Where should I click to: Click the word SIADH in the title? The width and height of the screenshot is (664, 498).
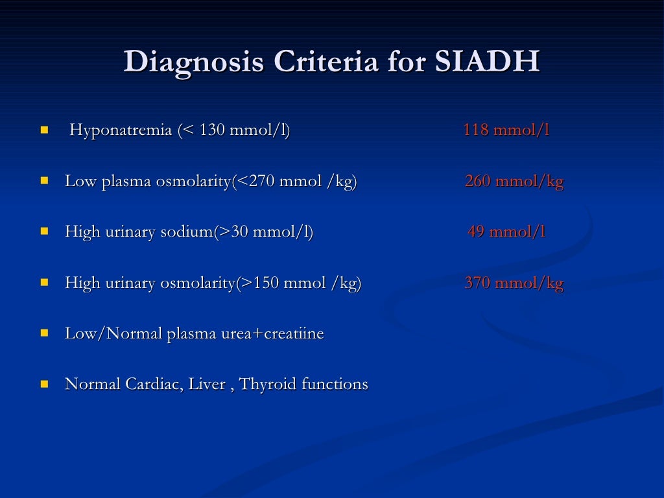click(x=487, y=62)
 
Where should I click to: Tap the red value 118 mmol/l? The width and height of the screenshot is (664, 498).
click(x=506, y=130)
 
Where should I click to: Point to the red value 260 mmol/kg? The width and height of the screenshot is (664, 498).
click(x=514, y=182)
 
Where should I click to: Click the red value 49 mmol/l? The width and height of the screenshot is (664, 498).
click(x=506, y=232)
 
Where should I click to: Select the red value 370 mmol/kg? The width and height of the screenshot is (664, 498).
click(x=514, y=283)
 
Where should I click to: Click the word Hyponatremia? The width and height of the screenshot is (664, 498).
click(x=121, y=130)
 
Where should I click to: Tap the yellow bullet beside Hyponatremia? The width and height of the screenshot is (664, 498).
click(x=44, y=130)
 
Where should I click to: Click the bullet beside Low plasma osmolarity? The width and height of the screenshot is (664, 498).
click(x=44, y=181)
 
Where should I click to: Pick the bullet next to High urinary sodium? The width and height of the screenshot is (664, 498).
click(x=44, y=231)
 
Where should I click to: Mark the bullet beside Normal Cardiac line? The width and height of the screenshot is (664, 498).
click(x=44, y=384)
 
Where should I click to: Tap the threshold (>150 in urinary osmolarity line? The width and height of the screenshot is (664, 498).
click(x=257, y=283)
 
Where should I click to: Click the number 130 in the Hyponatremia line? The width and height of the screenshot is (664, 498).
click(x=211, y=130)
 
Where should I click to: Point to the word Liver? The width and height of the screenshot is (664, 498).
click(x=205, y=385)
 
